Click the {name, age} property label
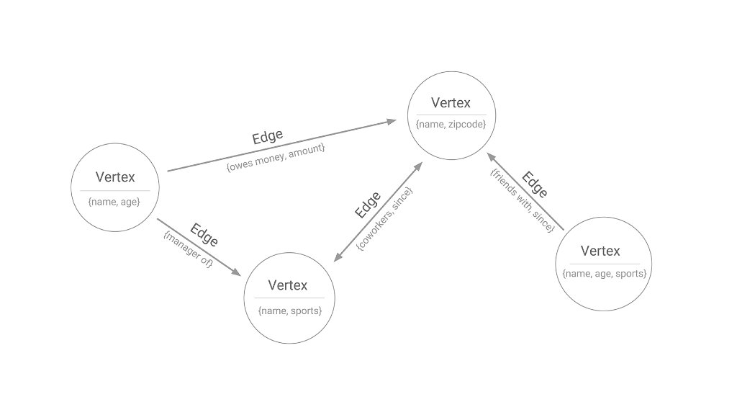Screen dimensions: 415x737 (114, 202)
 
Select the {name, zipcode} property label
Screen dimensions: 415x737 (451, 125)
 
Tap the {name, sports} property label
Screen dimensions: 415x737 (289, 311)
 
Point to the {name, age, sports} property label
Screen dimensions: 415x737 (605, 274)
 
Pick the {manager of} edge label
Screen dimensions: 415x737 (189, 250)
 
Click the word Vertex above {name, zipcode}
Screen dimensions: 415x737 (451, 102)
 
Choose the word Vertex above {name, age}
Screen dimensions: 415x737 (115, 177)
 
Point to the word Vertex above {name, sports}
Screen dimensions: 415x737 (288, 285)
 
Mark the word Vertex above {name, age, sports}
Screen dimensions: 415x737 (600, 251)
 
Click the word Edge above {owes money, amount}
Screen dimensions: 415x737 (267, 137)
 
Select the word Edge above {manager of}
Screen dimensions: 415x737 (204, 235)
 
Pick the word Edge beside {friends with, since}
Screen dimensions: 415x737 (535, 184)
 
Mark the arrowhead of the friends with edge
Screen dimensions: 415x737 (489, 156)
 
